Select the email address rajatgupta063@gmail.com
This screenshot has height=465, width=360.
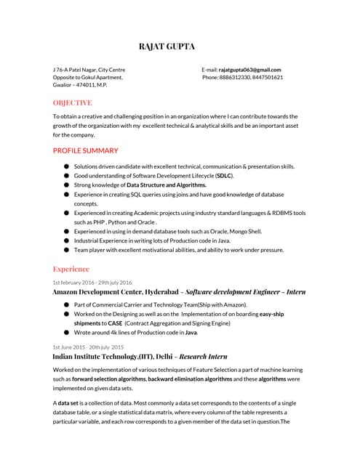[249, 69]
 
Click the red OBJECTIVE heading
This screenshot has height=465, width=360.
[72, 102]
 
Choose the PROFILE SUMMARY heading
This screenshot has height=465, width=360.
[85, 150]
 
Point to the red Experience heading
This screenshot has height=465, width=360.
[71, 269]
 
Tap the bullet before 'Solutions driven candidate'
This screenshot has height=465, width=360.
[67, 166]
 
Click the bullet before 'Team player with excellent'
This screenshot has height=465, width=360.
[67, 250]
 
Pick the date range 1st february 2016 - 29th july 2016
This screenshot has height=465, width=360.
[92, 282]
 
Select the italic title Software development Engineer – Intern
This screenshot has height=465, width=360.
[246, 291]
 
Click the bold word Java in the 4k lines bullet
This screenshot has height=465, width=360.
[191, 332]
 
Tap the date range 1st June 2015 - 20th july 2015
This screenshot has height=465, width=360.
[88, 347]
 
